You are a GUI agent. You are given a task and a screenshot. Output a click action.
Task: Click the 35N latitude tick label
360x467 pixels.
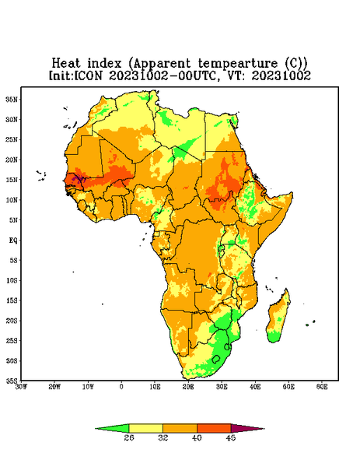point(12,99)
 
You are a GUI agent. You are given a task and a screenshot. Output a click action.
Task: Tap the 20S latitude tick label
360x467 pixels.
point(12,321)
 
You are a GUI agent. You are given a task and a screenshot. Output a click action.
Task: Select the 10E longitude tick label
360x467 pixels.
point(155,387)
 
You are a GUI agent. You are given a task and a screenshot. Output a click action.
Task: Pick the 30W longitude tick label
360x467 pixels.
point(21,387)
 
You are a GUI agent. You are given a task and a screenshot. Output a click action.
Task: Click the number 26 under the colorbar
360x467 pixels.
point(129,437)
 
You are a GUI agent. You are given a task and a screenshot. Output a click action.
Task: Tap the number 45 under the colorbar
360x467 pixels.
point(231,437)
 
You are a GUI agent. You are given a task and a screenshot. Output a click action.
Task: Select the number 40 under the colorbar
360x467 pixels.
point(197,437)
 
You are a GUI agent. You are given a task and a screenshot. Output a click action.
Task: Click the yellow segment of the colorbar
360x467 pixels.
point(145,428)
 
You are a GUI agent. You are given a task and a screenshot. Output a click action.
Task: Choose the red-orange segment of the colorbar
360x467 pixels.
point(214,428)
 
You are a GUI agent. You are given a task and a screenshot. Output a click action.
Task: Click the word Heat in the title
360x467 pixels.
point(66,64)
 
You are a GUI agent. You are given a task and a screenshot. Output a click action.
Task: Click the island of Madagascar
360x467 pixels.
point(278,318)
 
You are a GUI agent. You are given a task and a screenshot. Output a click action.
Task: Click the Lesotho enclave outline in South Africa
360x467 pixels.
point(216,359)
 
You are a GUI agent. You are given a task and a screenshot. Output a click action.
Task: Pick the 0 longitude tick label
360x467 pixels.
point(121,387)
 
